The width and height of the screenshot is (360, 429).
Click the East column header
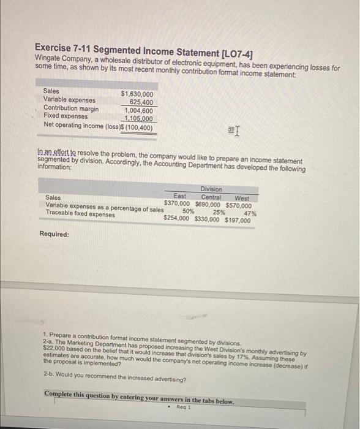[180, 196]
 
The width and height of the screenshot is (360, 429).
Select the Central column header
[211, 197]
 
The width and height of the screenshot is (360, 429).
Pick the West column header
[242, 199]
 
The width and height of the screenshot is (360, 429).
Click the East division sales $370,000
[177, 203]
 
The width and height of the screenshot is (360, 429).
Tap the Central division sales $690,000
[208, 205]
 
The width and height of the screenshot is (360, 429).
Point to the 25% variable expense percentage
[219, 212]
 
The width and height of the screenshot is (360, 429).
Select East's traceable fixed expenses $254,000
[177, 218]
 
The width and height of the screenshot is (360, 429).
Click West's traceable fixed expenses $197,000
[238, 220]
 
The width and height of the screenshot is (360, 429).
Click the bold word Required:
[54, 234]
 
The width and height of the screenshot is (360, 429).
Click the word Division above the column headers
[211, 189]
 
